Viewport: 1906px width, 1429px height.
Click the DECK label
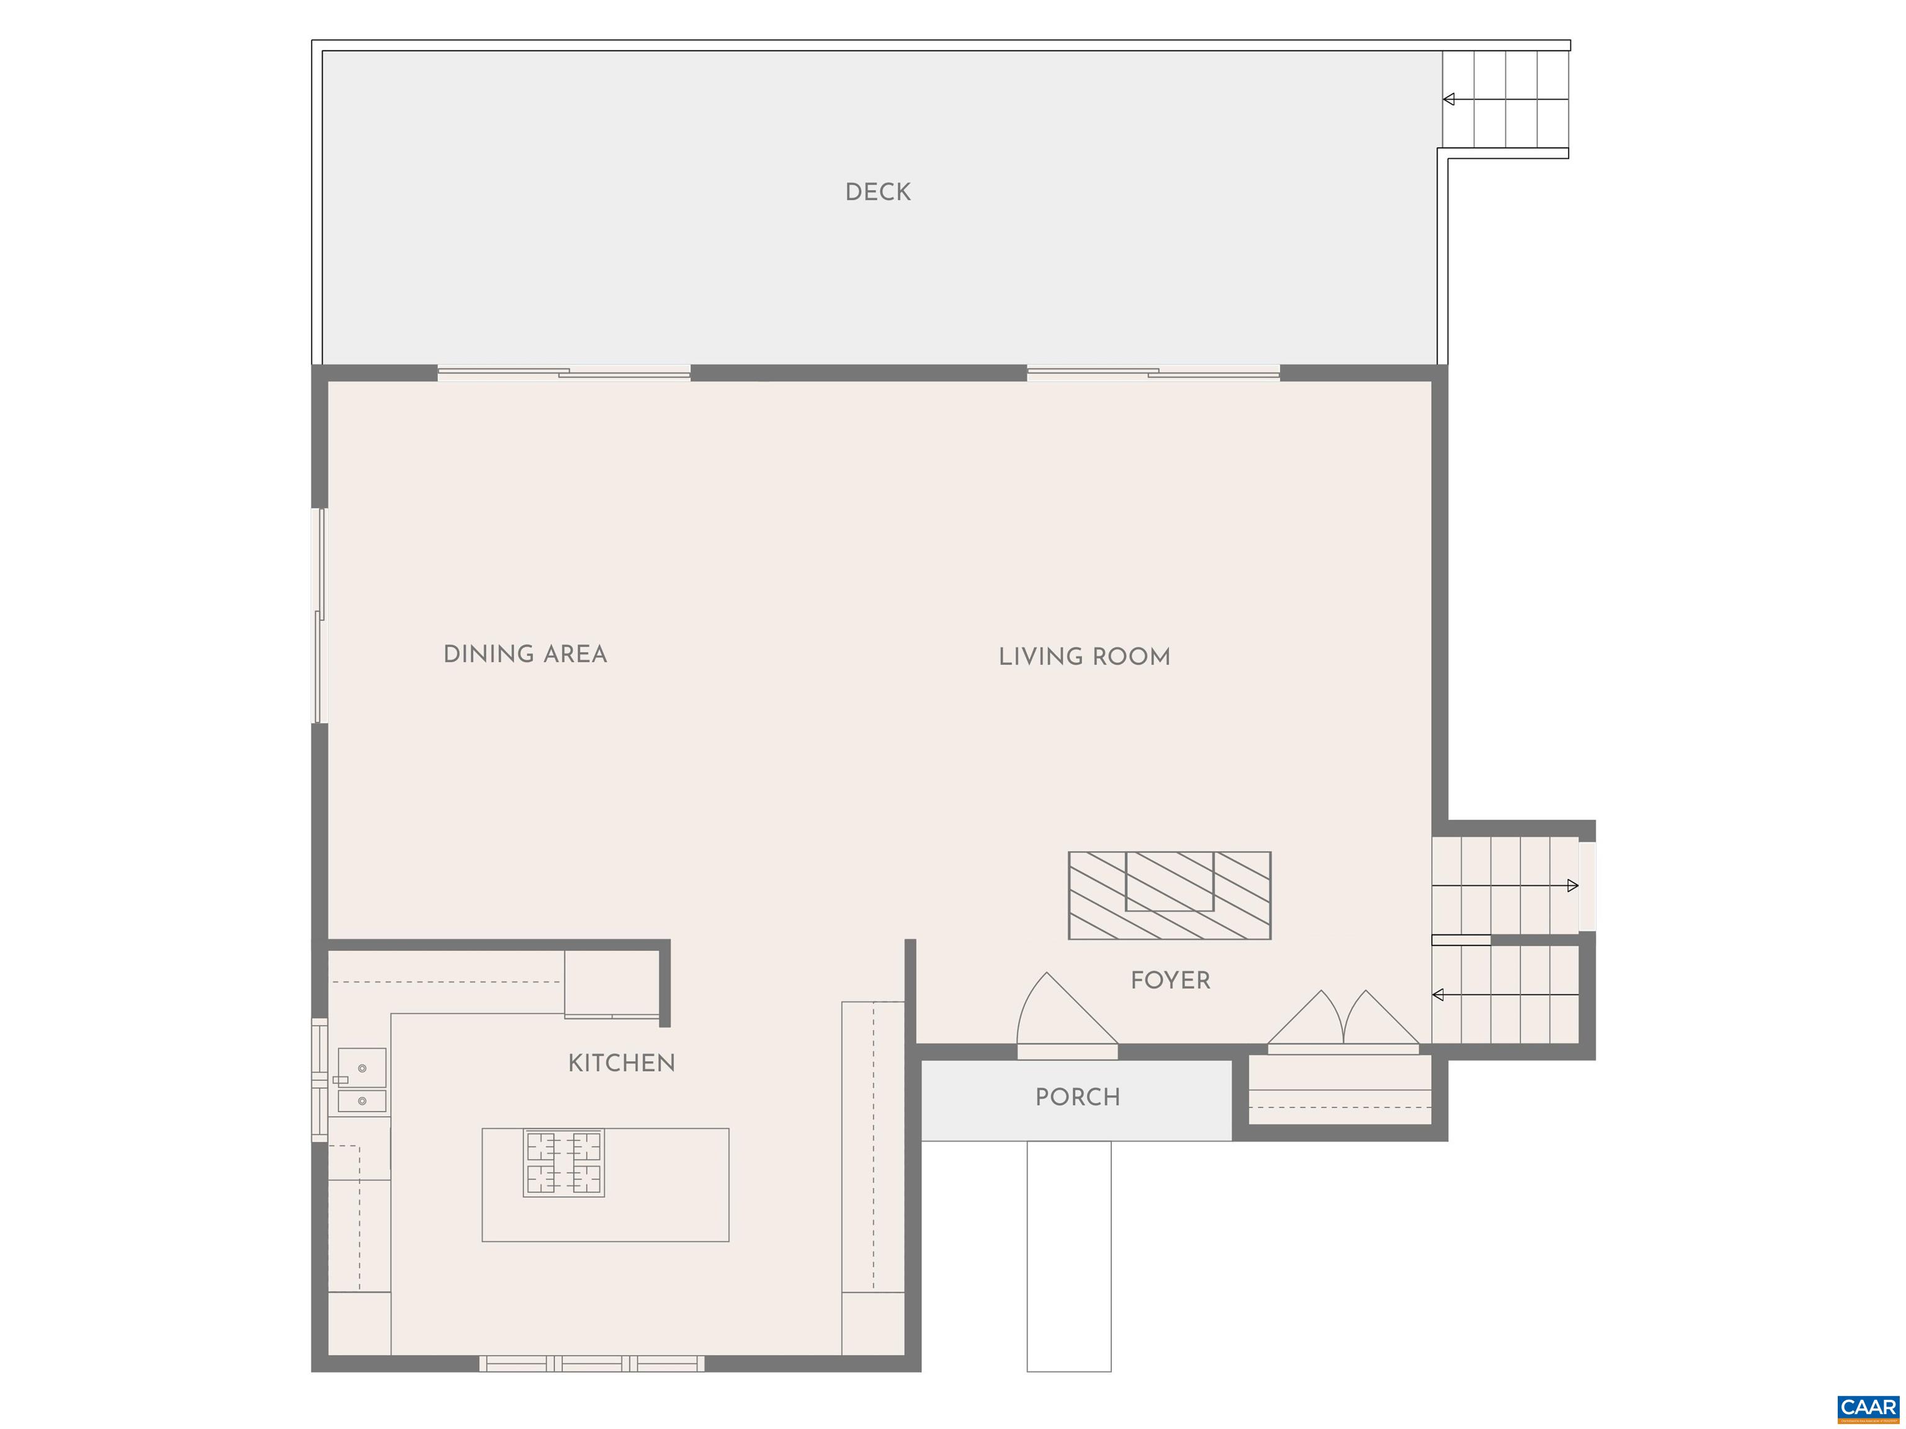877,192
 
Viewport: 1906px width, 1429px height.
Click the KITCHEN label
621,1063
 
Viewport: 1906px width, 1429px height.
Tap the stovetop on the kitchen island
563,1163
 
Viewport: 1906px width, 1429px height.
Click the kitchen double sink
362,1081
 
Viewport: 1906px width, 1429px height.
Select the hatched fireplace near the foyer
1170,895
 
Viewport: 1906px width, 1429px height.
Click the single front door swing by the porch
1066,1013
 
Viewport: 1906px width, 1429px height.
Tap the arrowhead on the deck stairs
1449,99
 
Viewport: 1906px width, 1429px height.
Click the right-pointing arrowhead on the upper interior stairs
1573,885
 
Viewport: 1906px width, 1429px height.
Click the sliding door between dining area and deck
563,373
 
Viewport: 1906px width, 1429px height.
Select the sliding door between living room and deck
1152,373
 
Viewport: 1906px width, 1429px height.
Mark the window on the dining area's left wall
319,616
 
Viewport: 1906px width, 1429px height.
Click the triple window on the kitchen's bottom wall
591,1363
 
